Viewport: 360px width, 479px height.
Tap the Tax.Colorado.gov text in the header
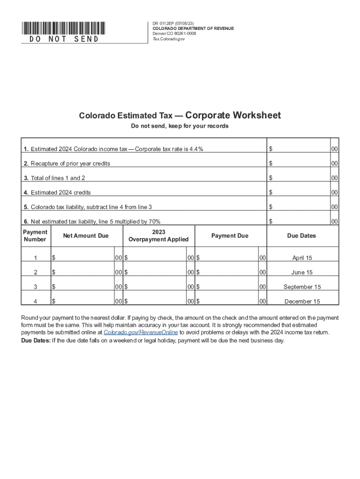tap(169, 39)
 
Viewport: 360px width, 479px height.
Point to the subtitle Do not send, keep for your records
tap(180, 126)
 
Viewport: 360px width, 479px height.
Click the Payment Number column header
tap(35, 236)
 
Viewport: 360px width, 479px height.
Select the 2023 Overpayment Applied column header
tap(158, 236)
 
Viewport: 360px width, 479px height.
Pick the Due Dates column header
tap(302, 236)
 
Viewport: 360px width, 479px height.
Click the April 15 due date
tap(302, 258)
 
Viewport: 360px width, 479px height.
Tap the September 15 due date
tap(302, 287)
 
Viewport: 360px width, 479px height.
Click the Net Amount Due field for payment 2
tap(84, 272)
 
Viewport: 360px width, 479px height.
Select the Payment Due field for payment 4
tap(229, 302)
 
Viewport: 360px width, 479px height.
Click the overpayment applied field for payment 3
tap(157, 287)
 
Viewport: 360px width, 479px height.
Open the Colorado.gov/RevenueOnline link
tap(141, 332)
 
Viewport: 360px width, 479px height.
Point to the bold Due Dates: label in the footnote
tap(36, 341)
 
